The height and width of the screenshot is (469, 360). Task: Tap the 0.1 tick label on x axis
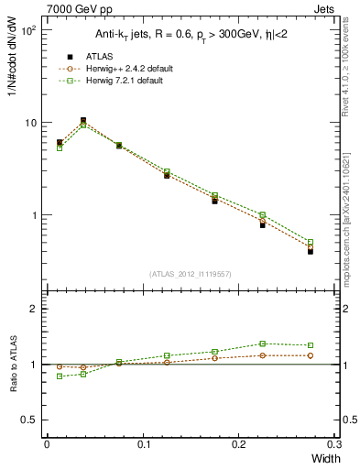[x=143, y=444]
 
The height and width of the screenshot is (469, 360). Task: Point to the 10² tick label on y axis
[x=28, y=30]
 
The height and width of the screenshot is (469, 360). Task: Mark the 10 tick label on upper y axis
[x=30, y=123]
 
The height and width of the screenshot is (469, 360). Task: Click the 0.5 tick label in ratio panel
[x=30, y=420]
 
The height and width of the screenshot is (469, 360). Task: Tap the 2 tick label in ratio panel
[x=35, y=309]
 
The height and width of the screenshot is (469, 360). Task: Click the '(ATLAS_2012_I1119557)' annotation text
[x=190, y=274]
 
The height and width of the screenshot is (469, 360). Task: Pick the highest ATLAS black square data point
[x=83, y=120]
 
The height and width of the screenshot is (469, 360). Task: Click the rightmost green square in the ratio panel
[x=310, y=345]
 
